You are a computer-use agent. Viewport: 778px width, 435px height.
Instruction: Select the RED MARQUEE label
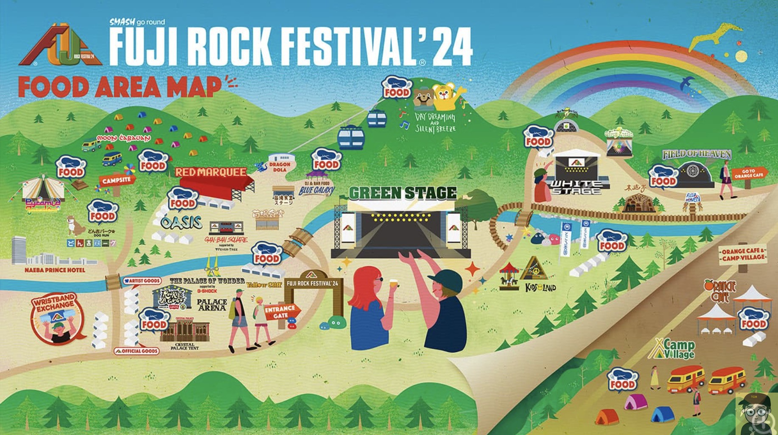point(211,172)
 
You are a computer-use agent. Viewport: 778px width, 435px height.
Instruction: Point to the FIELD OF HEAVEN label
point(697,154)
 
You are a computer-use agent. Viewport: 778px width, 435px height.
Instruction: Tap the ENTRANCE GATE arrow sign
point(281,312)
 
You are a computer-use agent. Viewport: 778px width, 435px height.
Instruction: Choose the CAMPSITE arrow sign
point(117,180)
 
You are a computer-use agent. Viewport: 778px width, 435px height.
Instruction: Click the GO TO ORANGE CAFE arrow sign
point(749,173)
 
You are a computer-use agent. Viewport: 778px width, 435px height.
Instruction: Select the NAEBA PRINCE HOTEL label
point(55,270)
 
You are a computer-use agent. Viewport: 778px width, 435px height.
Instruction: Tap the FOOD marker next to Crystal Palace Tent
point(154,320)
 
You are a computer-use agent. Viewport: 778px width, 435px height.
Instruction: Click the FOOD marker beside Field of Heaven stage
point(663,177)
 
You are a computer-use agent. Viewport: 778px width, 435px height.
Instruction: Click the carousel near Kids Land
point(509,276)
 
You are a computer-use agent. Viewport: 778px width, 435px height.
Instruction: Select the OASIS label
point(181,223)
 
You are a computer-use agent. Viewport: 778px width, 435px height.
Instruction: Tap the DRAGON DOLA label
point(280,167)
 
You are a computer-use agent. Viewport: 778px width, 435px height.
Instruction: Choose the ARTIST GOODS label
point(143,281)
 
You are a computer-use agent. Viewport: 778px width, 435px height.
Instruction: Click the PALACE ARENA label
point(212,304)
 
